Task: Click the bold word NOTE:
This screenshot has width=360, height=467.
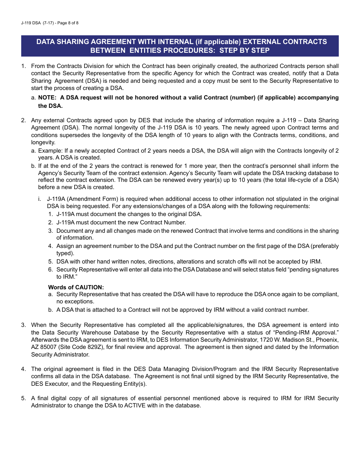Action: click(x=47, y=98)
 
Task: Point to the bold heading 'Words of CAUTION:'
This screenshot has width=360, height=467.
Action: click(x=76, y=287)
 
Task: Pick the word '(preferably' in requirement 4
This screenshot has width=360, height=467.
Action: click(x=325, y=246)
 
